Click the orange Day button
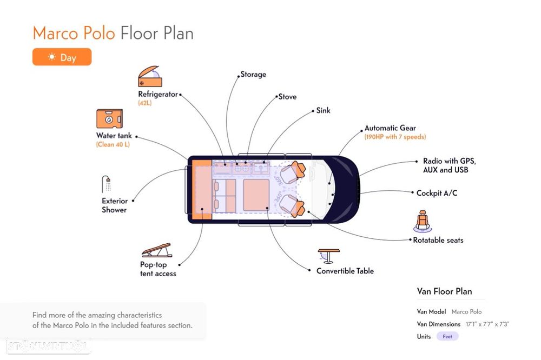62,57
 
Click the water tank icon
109,119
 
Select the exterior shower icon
107,184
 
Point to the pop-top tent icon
156,250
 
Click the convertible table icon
328,256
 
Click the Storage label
253,74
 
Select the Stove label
287,97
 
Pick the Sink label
323,110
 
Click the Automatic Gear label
390,128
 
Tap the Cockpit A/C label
437,193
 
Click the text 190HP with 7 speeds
395,137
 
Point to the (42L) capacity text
144,103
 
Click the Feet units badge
447,336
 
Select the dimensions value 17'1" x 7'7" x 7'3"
487,324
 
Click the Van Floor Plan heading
444,291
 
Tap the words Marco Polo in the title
74,33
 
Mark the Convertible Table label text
345,271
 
